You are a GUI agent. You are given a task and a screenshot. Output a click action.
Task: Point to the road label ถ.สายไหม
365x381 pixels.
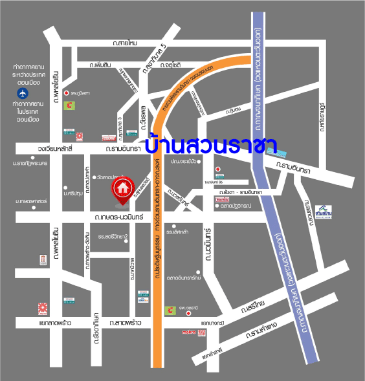click(124, 43)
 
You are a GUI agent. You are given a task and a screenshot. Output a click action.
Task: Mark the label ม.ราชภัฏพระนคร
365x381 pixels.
click(28, 164)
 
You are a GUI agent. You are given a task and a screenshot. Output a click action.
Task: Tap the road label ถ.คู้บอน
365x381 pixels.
click(234, 111)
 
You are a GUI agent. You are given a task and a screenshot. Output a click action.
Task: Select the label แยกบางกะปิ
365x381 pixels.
click(212, 321)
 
